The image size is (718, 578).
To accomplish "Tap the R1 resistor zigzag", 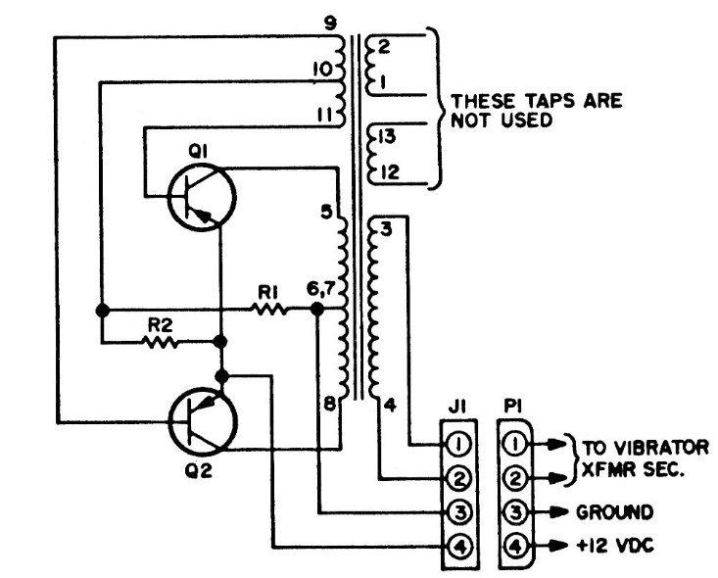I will tap(270, 309).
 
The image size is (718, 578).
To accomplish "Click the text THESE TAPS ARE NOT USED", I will tap(535, 111).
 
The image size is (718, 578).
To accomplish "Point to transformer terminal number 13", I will tap(387, 138).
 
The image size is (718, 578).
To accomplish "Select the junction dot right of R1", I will tap(317, 309).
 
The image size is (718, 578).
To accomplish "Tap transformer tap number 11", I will tap(325, 114).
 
